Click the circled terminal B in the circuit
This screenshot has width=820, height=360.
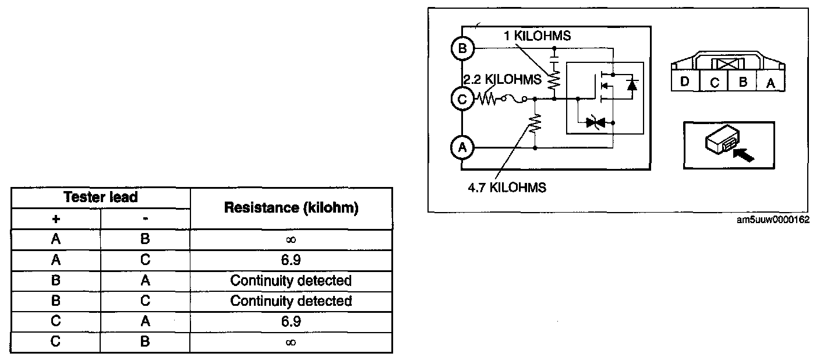462,48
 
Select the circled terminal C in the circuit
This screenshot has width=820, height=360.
462,99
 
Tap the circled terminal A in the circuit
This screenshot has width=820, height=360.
462,147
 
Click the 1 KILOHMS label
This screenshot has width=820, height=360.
537,36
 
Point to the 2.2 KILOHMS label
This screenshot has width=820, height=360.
502,80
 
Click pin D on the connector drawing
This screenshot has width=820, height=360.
685,82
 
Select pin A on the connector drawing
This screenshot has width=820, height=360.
770,83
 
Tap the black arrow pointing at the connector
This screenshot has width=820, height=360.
744,155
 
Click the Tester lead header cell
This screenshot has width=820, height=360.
101,197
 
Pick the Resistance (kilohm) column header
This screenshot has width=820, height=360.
291,208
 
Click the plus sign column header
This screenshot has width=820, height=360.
56,219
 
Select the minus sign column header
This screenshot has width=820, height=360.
146,219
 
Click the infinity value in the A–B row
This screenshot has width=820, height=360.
291,239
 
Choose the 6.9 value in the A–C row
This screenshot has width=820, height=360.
291,260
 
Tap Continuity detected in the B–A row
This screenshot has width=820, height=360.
291,280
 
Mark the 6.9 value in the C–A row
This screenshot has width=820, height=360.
291,322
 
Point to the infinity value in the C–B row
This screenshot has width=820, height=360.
291,343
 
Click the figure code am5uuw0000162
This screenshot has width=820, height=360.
773,220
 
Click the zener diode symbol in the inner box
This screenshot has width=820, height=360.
595,122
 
